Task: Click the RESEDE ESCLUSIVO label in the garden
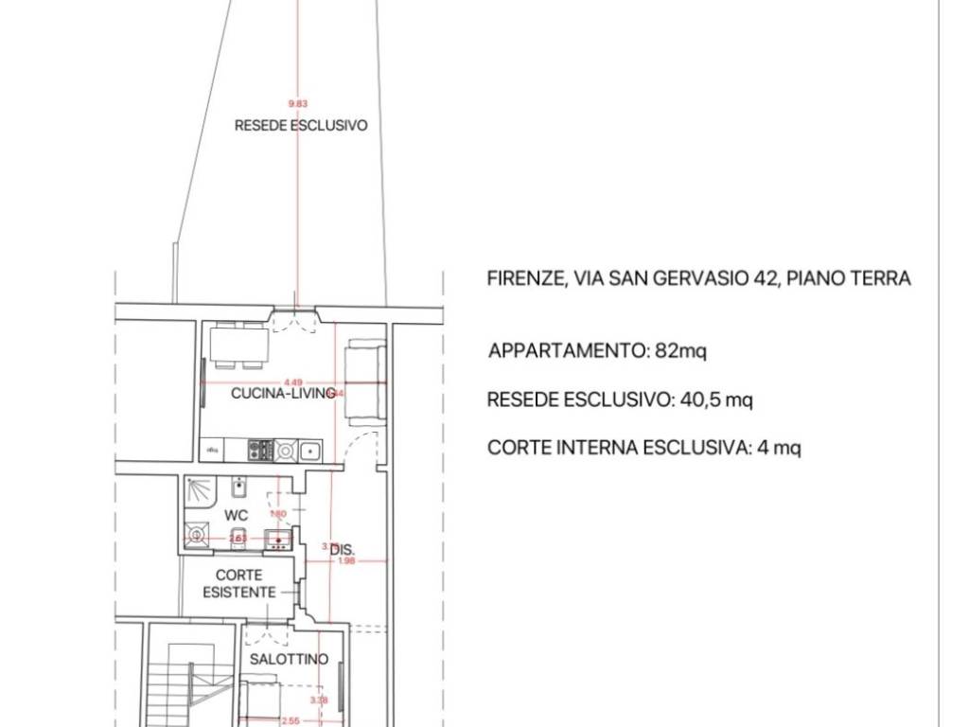(x=301, y=125)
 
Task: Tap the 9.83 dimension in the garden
(x=298, y=104)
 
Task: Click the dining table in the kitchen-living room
(x=238, y=346)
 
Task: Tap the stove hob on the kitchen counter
(x=260, y=451)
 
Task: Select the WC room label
(x=236, y=515)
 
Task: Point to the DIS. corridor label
(x=343, y=549)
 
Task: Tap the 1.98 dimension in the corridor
(x=346, y=561)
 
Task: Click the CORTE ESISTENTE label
(x=239, y=583)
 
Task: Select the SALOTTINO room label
(x=289, y=659)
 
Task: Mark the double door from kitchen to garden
(x=292, y=322)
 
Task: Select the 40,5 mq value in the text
(x=716, y=399)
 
